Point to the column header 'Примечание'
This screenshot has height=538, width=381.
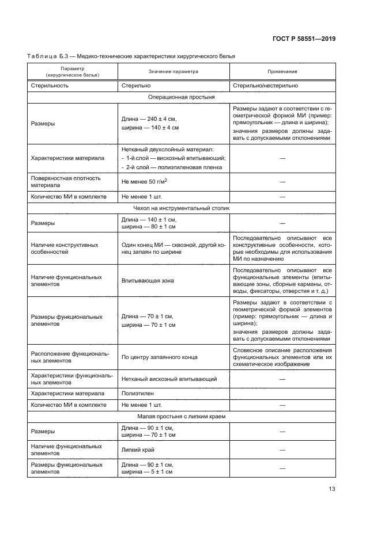[x=282, y=72]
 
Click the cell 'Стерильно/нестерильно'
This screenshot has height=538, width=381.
[x=265, y=85]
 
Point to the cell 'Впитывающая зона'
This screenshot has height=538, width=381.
[x=148, y=280]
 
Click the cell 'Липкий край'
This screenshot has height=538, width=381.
[x=137, y=449]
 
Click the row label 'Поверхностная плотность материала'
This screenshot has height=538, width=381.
[x=66, y=181]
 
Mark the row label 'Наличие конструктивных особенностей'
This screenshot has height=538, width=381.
[x=65, y=248]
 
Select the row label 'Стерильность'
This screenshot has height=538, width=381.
[x=50, y=85]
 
